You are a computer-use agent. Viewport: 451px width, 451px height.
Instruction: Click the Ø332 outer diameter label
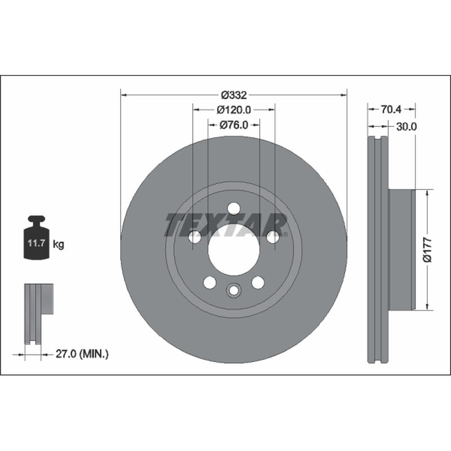pyautogui.click(x=234, y=95)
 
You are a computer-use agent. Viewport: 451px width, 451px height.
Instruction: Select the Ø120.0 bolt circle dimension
pyautogui.click(x=234, y=109)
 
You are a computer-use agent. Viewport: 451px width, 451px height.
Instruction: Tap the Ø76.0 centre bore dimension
pyautogui.click(x=234, y=125)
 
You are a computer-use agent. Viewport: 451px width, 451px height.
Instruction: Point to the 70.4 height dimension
pyautogui.click(x=391, y=109)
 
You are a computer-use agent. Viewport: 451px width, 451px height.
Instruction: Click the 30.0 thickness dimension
pyautogui.click(x=406, y=126)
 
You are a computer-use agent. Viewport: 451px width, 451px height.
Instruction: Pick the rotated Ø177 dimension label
pyautogui.click(x=427, y=250)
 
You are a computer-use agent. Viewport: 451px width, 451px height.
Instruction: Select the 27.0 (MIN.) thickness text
pyautogui.click(x=82, y=354)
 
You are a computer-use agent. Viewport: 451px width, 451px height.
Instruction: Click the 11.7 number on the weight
pyautogui.click(x=36, y=244)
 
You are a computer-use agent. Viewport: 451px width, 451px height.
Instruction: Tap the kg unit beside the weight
pyautogui.click(x=59, y=245)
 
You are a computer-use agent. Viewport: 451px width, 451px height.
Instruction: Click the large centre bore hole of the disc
pyautogui.click(x=234, y=250)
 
